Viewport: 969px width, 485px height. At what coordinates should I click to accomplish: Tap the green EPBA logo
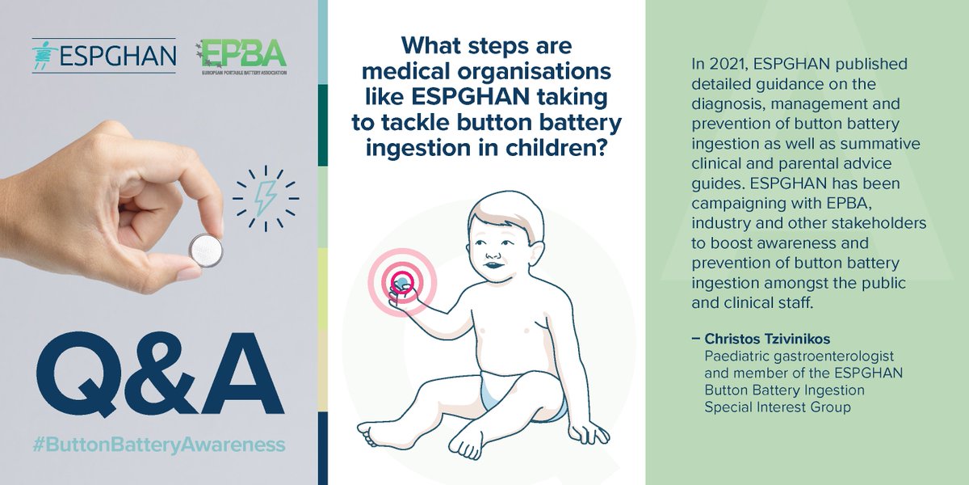tap(241, 54)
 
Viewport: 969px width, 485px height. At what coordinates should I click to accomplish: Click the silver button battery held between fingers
tap(205, 250)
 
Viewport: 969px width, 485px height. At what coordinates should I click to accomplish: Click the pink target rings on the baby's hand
tap(402, 280)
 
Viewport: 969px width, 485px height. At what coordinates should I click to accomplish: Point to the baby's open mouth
tap(490, 264)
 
